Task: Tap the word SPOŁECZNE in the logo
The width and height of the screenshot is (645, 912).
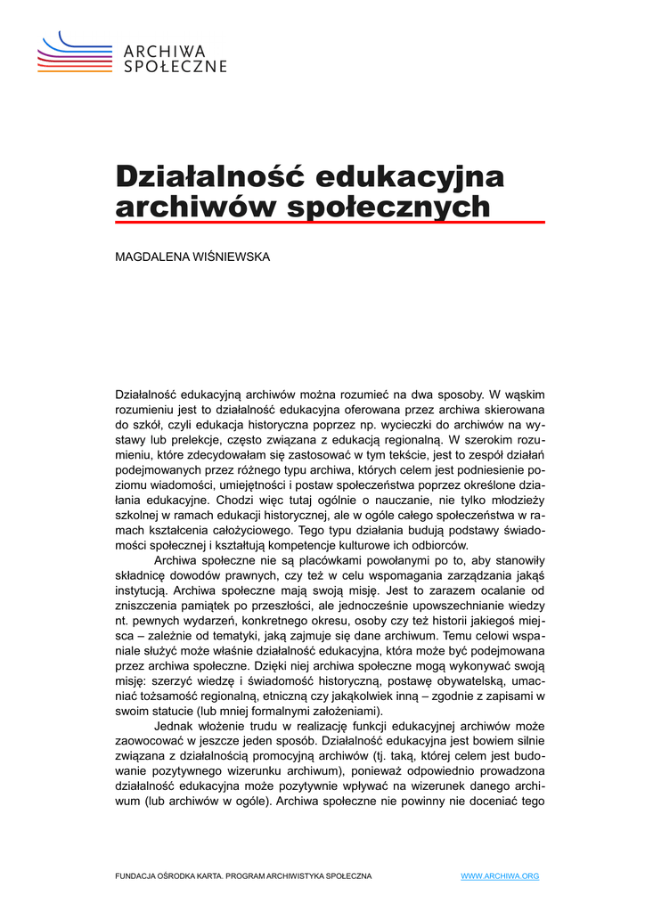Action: [175, 66]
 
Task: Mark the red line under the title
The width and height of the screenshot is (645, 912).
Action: [330, 223]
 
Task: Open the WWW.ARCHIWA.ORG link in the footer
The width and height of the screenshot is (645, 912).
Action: [500, 876]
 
